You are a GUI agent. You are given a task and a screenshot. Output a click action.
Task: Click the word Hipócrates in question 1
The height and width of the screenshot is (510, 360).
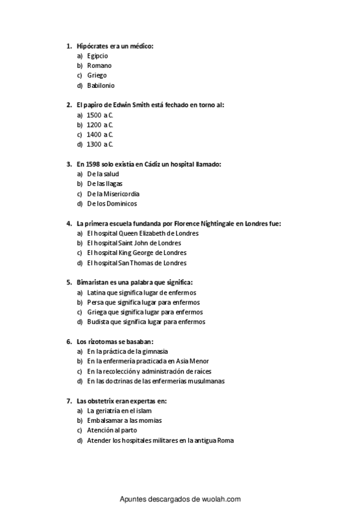(x=92, y=46)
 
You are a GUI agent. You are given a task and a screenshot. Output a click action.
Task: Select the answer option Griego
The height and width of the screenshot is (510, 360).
(x=97, y=75)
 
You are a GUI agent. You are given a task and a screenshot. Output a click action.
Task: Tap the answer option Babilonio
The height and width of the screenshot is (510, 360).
(x=100, y=85)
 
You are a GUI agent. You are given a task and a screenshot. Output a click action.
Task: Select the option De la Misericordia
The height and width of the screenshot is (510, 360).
(x=113, y=194)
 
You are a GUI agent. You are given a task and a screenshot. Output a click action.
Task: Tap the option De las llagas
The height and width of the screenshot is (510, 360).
(x=105, y=183)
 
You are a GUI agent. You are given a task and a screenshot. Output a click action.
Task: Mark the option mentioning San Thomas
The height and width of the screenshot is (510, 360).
(x=136, y=263)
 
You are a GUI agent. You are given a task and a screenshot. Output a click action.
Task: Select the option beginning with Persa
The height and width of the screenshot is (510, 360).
(x=143, y=302)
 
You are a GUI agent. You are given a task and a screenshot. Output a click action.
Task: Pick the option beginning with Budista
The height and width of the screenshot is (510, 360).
(x=146, y=322)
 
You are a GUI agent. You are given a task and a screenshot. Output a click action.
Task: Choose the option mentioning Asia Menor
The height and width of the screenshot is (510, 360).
(x=148, y=361)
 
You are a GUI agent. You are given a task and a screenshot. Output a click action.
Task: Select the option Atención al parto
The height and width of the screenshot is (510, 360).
(x=112, y=430)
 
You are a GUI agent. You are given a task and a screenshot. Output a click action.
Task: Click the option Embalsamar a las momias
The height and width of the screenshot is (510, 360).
(x=124, y=420)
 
